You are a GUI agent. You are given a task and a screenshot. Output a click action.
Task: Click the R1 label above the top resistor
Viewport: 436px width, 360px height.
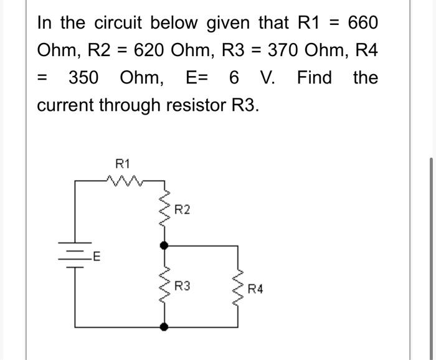click(123, 164)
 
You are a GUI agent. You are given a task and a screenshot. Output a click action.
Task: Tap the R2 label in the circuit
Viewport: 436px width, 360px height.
click(182, 210)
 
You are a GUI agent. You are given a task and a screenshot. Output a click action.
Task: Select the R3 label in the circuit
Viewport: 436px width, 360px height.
click(182, 287)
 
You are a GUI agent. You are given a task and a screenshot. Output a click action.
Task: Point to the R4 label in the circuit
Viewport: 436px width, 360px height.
click(255, 289)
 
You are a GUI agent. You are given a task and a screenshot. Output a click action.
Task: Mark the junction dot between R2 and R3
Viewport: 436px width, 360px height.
click(164, 246)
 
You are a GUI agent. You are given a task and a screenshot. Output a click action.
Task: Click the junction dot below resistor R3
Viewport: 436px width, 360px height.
click(164, 326)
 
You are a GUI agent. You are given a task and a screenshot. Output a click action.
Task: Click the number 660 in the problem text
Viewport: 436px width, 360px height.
click(363, 23)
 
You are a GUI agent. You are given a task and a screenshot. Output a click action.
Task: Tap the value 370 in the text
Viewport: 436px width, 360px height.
click(286, 50)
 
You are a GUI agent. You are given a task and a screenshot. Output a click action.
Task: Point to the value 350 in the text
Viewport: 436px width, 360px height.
click(83, 78)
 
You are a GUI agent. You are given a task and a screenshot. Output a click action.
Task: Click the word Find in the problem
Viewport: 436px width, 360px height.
click(315, 78)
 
